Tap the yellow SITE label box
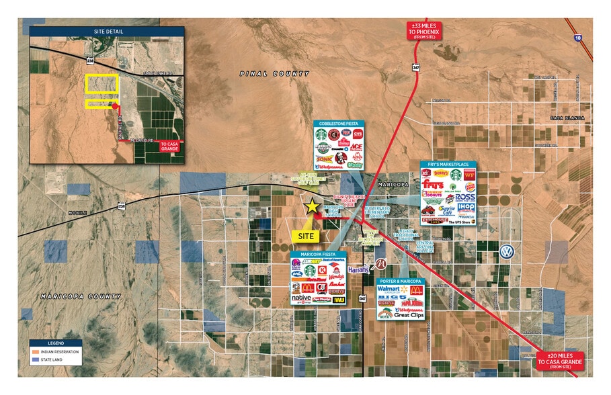click(x=307, y=236)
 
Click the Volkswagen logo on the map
click(x=507, y=251)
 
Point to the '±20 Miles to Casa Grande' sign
click(x=561, y=362)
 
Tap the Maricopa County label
click(x=81, y=296)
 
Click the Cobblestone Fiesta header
click(x=338, y=124)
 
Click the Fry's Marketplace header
click(x=448, y=165)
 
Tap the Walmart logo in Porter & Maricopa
click(x=393, y=289)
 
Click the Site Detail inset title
click(x=106, y=31)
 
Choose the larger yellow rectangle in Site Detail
click(x=101, y=83)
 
